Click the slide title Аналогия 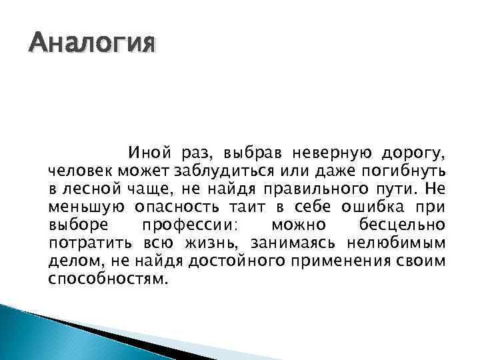tap(92, 45)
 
